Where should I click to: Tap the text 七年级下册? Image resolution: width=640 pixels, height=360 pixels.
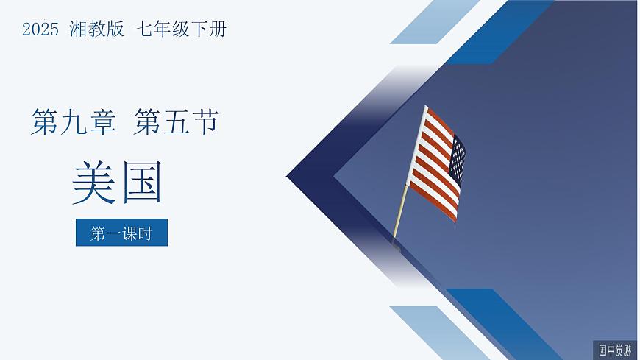pyautogui.click(x=181, y=29)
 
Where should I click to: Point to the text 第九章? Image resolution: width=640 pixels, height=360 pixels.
pyautogui.click(x=73, y=121)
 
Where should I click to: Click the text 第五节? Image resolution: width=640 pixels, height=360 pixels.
pyautogui.click(x=177, y=121)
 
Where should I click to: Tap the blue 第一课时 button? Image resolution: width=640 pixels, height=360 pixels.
pyautogui.click(x=121, y=233)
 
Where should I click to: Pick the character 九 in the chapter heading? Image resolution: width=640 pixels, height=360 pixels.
pyautogui.click(x=73, y=121)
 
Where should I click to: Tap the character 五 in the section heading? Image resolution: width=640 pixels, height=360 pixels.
pyautogui.click(x=177, y=121)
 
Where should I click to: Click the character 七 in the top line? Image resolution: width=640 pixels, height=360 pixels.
pyautogui.click(x=143, y=29)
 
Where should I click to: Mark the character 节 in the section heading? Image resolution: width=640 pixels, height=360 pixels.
pyautogui.click(x=205, y=121)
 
